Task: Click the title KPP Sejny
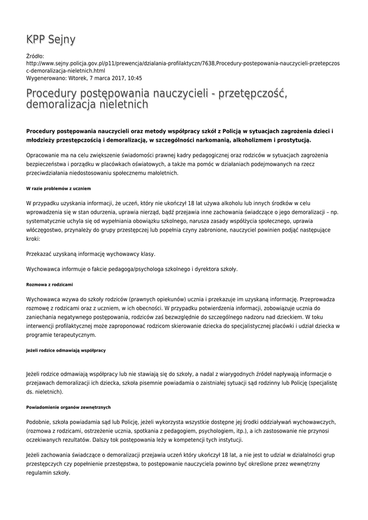click(x=51, y=40)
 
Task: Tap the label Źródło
click(x=35, y=56)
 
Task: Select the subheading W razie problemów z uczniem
click(x=58, y=188)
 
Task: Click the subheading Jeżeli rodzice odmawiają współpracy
click(x=66, y=350)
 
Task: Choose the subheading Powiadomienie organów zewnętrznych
click(x=68, y=407)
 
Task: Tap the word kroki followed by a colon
click(x=32, y=238)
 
